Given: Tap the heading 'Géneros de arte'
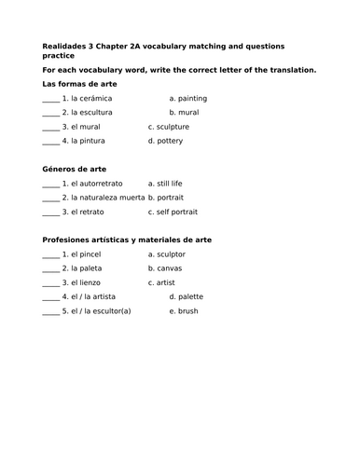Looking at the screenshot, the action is tap(75, 170).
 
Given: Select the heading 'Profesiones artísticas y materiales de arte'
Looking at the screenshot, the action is tap(127, 240).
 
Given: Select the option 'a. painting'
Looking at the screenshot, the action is tap(188, 98).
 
